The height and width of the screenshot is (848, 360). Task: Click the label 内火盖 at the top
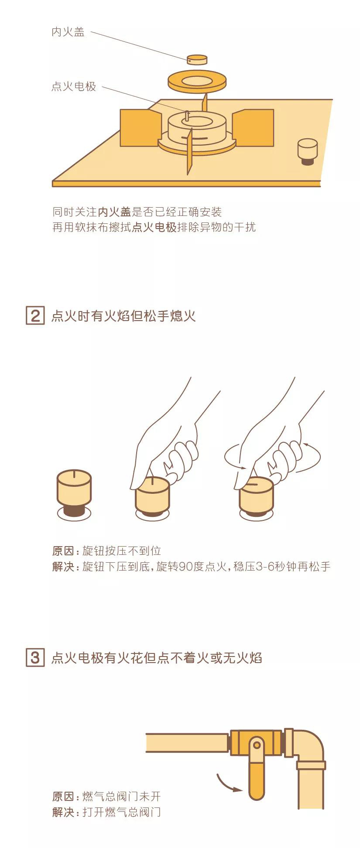[x=68, y=32]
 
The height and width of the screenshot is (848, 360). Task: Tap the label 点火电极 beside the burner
[x=74, y=86]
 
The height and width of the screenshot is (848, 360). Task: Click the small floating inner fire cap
[x=197, y=60]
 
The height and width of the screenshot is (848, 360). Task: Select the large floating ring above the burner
[x=197, y=82]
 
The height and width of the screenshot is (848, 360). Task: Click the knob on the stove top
[x=308, y=151]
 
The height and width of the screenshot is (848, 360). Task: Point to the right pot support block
[x=253, y=128]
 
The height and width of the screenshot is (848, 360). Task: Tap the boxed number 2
[x=35, y=315]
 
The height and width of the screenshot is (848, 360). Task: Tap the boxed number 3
[x=35, y=657]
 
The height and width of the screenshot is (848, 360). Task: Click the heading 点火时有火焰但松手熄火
[x=123, y=315]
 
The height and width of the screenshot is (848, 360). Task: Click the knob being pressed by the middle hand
[x=152, y=497]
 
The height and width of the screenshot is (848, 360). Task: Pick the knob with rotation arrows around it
[x=257, y=497]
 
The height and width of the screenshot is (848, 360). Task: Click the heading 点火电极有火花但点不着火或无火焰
[x=157, y=657]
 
